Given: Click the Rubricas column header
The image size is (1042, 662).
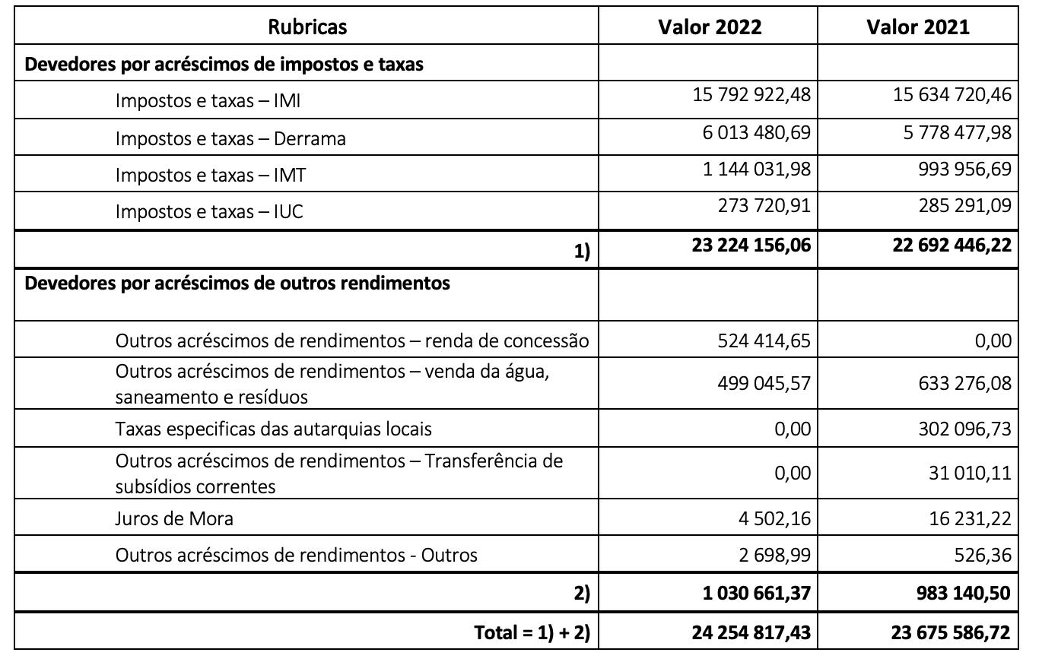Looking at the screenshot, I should coord(307,27).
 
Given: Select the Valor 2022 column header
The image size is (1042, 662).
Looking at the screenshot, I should coord(709,27).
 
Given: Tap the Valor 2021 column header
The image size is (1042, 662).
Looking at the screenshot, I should coord(917,27).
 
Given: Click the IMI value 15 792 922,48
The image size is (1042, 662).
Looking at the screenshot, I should coord(751,96).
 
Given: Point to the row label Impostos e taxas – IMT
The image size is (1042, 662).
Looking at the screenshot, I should coord(211,176).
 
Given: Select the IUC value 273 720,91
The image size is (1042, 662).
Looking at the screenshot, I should coord(764,205).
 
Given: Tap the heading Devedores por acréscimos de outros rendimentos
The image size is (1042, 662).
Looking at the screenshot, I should coord(237,283).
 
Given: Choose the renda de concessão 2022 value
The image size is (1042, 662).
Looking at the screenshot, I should coord(764,341).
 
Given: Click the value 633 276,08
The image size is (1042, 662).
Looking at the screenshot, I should coord(964,383).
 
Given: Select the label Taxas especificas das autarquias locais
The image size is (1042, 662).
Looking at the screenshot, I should coord(273,429).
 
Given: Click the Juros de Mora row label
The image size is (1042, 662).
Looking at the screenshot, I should coord(174,519).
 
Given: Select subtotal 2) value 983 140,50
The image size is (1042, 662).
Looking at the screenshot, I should coord(962,594).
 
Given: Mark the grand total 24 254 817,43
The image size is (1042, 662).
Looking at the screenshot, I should coord(751,632).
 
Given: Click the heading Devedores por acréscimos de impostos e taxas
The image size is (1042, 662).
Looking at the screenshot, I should coord(224,65).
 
